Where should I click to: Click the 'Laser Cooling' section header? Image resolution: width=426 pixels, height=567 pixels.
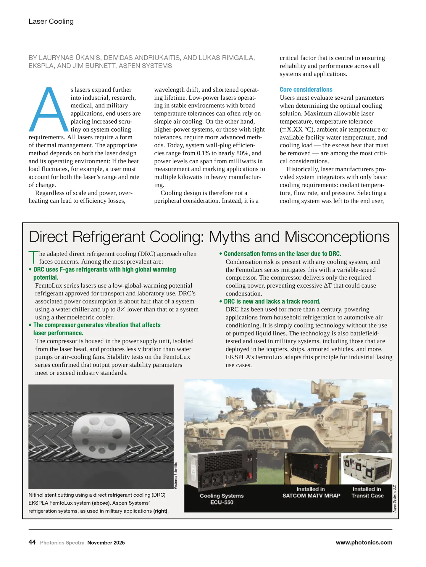click(x=51, y=21)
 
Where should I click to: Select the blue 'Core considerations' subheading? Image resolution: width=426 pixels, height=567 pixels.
click(x=306, y=90)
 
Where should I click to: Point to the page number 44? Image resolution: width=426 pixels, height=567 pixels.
click(x=32, y=542)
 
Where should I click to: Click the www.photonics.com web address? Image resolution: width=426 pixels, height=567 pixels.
click(x=364, y=542)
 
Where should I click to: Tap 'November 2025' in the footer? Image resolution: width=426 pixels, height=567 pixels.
click(x=106, y=543)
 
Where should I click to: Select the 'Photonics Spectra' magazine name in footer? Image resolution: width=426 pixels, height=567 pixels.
click(x=62, y=543)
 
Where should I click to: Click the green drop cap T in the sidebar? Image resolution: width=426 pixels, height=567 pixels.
click(x=33, y=257)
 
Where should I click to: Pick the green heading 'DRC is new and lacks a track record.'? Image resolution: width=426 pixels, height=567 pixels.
click(x=272, y=301)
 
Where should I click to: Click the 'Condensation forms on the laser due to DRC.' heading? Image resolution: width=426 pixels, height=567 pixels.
click(x=282, y=254)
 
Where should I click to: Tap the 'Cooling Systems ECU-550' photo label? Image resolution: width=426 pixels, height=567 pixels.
click(x=222, y=499)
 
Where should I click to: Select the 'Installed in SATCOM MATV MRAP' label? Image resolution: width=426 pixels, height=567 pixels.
click(x=311, y=492)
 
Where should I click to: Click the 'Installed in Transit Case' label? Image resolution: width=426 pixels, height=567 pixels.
click(x=367, y=492)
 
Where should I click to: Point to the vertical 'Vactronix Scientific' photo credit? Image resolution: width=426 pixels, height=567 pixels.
click(x=176, y=475)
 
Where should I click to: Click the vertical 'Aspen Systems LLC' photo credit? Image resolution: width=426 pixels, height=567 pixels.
click(x=394, y=499)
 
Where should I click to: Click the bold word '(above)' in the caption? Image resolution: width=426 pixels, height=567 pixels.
click(x=101, y=503)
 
